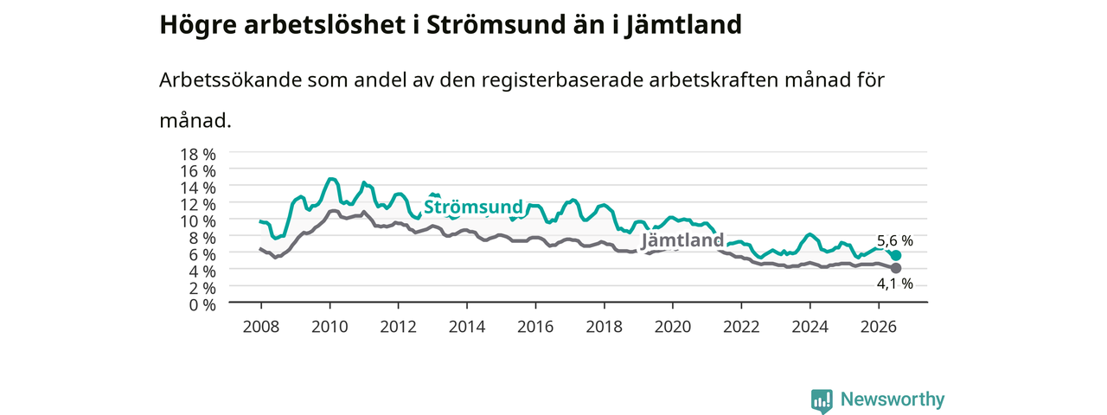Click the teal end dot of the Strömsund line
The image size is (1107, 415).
(x=895, y=255)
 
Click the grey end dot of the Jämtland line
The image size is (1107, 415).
(x=895, y=268)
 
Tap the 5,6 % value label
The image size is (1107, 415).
(x=894, y=240)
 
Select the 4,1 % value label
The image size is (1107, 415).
(x=894, y=284)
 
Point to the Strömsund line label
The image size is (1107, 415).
(x=473, y=207)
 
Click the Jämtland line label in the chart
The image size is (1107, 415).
(x=682, y=240)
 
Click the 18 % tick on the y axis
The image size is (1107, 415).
(x=198, y=155)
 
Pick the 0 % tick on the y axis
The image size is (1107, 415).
(x=202, y=305)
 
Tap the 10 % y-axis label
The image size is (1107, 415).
(x=198, y=221)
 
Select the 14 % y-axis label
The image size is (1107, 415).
(x=198, y=188)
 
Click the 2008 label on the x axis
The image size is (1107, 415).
(x=261, y=327)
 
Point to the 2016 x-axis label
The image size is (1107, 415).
(x=535, y=327)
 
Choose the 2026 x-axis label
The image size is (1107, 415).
(x=879, y=327)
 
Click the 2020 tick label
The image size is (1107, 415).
(x=673, y=327)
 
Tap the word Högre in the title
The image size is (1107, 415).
(x=198, y=25)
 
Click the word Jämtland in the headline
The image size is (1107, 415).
(x=682, y=24)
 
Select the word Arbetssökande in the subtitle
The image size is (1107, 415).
(x=230, y=80)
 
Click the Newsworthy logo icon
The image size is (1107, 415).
(x=822, y=401)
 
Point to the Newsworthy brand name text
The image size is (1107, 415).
(x=893, y=399)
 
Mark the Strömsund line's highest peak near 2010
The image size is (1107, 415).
(x=331, y=179)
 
